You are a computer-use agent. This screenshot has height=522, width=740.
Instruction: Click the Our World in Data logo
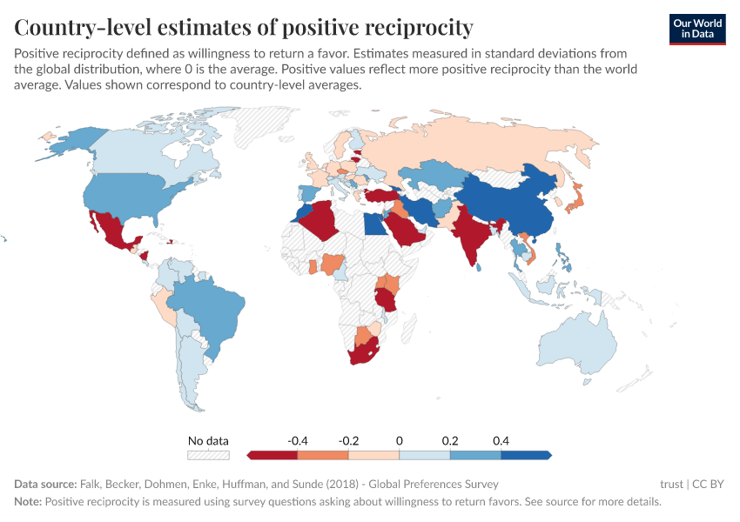(x=696, y=29)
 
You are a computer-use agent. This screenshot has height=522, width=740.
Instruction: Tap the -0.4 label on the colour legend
(x=298, y=441)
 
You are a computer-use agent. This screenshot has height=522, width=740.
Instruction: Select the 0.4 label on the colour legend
(x=501, y=441)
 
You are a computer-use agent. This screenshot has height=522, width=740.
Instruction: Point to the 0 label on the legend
(x=400, y=441)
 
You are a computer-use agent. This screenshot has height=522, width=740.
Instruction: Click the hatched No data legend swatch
(x=208, y=455)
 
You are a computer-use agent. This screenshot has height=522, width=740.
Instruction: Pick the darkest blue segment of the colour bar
(x=526, y=455)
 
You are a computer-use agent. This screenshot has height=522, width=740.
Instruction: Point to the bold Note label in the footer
(x=28, y=502)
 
